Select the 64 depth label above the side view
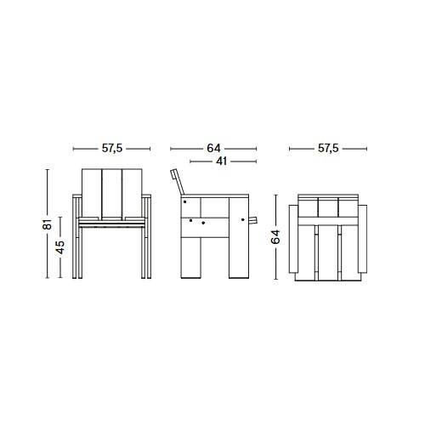pos(215,148)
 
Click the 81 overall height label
pos(48,224)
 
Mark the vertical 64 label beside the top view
pos(275,239)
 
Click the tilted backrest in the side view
pos(177,181)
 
